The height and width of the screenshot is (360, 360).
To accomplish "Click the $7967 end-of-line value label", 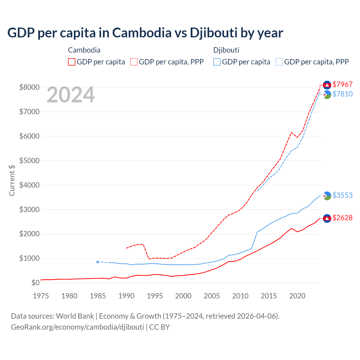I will (x=342, y=84).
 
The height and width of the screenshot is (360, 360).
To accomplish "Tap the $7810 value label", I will (x=342, y=94).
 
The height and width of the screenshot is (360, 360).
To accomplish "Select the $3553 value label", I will (x=342, y=195).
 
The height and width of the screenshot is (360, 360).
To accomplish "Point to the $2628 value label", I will (x=342, y=218).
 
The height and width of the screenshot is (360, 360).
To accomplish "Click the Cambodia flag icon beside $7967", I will (x=327, y=85).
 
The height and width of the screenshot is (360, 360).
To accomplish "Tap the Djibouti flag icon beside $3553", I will (x=327, y=195).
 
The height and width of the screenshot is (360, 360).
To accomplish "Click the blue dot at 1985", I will (x=98, y=262).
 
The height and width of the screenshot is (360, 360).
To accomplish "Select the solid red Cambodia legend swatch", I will (x=72, y=62).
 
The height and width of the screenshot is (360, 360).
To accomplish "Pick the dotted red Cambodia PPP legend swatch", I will (x=134, y=62).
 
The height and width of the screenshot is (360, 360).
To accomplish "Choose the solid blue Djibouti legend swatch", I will (x=217, y=62).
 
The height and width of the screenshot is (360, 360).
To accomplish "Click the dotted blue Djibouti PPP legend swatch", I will (x=279, y=62).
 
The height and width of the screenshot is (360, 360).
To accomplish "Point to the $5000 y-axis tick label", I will (x=29, y=161).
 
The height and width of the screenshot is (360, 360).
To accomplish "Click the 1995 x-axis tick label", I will (x=155, y=296).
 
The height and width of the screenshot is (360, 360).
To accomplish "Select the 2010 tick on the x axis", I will (x=240, y=296).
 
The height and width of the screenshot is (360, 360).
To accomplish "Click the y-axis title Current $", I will (x=12, y=180).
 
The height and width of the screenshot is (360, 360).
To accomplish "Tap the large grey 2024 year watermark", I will (x=71, y=95).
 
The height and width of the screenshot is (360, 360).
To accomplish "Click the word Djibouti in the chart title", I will (x=213, y=33).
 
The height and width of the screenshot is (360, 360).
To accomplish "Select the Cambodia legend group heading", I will (x=84, y=50).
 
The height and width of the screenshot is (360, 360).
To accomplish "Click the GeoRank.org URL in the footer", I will (x=77, y=327).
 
